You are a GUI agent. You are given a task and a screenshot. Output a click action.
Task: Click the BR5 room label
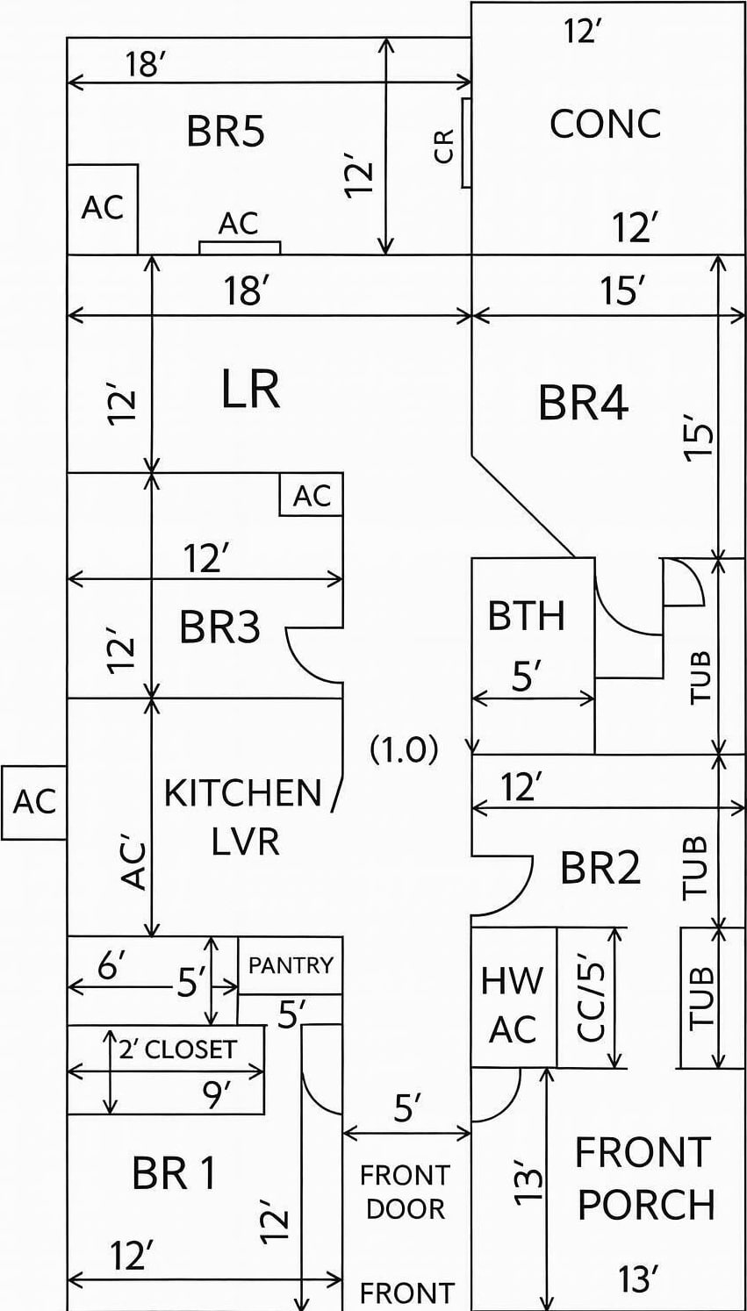[226, 132]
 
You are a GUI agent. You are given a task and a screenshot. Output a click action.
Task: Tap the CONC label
[605, 124]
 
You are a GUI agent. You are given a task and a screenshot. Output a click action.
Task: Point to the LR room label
[250, 390]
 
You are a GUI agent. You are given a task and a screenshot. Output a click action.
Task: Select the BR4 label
[583, 404]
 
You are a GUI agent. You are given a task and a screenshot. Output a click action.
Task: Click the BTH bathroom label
[526, 616]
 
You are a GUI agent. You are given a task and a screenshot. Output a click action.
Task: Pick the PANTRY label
[291, 965]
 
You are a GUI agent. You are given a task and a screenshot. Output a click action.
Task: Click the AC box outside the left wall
[34, 802]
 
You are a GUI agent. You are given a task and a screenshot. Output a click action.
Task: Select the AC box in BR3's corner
[312, 495]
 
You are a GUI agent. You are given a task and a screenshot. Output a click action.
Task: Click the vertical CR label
[445, 146]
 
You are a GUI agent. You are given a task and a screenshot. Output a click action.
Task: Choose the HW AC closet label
[513, 1005]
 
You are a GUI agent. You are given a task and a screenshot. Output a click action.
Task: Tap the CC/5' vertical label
[592, 998]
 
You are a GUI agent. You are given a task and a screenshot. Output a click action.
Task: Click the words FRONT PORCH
[644, 1178]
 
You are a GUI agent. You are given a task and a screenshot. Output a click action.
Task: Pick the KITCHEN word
[243, 792]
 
